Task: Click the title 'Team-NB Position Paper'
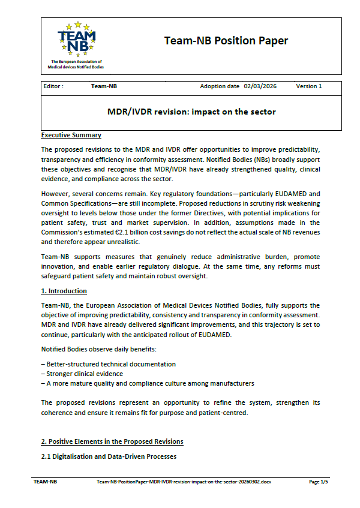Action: click(x=226, y=41)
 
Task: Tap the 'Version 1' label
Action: click(x=308, y=86)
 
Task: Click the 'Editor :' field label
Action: click(x=54, y=86)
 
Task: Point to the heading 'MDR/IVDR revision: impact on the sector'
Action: click(x=191, y=112)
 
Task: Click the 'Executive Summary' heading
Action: click(x=71, y=135)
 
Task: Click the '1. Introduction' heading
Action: click(x=64, y=291)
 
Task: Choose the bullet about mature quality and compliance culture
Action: click(x=147, y=383)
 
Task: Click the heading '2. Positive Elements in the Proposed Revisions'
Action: click(x=112, y=442)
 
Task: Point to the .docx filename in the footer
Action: click(x=183, y=482)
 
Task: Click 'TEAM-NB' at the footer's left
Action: click(x=45, y=482)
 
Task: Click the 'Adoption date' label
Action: click(x=220, y=86)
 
